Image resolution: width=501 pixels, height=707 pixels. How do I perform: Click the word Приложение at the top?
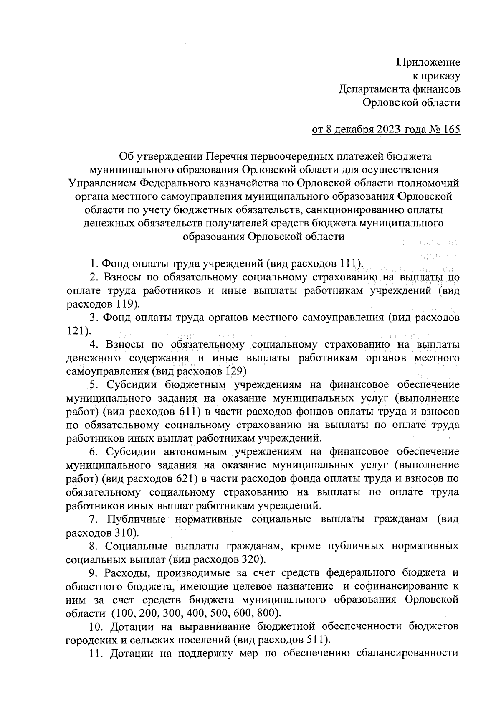tap(428, 63)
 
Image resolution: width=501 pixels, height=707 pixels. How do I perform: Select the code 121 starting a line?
tap(75, 331)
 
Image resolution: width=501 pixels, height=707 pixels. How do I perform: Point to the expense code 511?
tap(316, 640)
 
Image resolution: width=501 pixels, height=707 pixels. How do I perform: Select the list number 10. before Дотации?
tap(97, 627)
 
